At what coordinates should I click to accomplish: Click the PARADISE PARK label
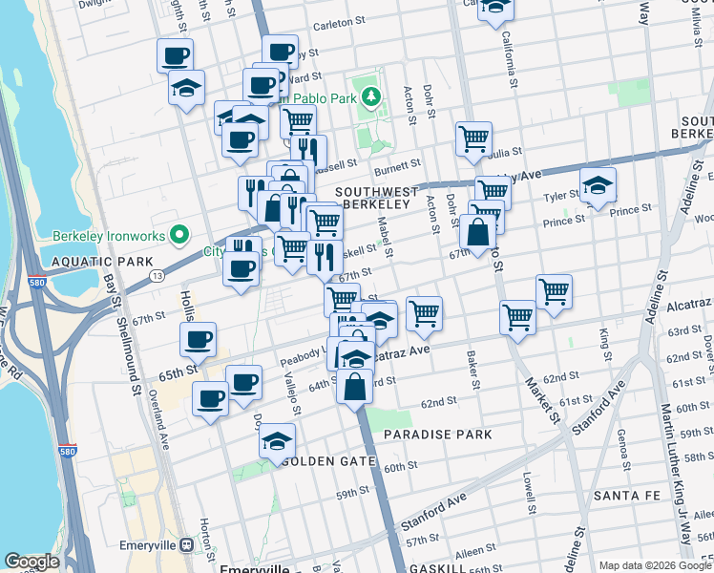pos(438,435)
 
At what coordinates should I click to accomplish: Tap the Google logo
pos(31,562)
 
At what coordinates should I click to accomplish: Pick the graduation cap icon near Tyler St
pos(598,186)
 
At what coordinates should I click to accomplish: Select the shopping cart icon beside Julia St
pos(473,139)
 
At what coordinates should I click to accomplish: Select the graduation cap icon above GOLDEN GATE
pos(278,442)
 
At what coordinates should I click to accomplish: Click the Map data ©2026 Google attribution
pos(653,564)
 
